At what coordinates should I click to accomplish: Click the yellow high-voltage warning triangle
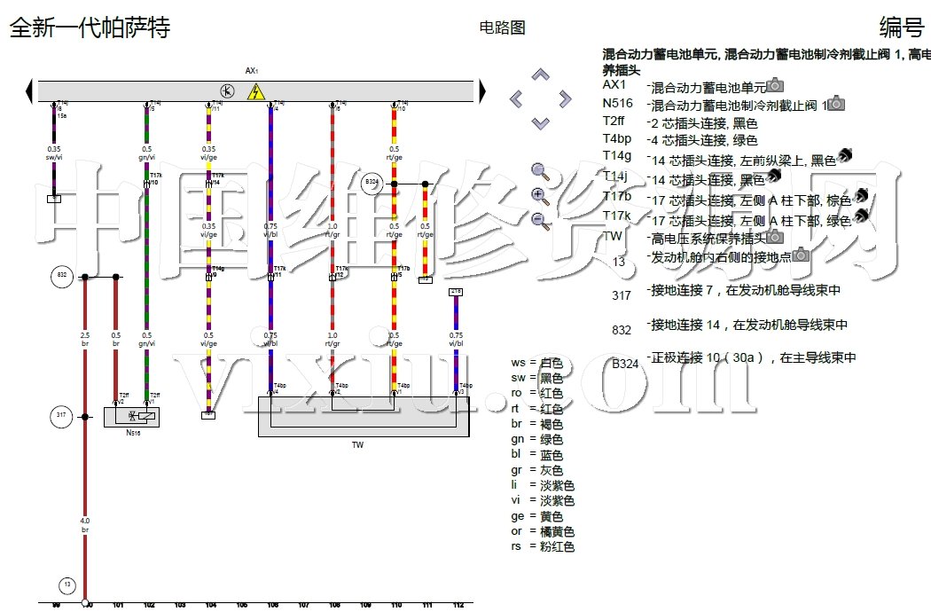point(256,91)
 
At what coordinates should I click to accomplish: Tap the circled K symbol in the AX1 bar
point(227,91)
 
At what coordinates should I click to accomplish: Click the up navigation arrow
point(541,75)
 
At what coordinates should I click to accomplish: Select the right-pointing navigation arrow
point(565,98)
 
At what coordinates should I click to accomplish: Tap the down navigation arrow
point(541,122)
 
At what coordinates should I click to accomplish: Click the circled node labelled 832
point(61,277)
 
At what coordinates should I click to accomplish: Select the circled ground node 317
point(61,415)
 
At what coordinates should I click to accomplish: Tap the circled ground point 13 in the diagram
point(67,585)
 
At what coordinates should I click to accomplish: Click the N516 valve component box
point(132,417)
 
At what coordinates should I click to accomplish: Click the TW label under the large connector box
point(358,444)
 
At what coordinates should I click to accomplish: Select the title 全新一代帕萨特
point(89,27)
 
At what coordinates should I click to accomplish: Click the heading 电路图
point(502,27)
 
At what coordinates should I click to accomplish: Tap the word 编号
point(901,27)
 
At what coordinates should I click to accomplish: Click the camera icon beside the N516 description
point(835,104)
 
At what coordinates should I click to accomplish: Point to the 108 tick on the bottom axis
point(334,605)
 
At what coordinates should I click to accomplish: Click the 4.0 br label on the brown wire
point(85,524)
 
